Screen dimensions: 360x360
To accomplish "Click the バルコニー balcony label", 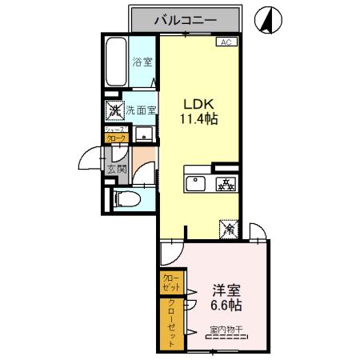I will pyautogui.click(x=185, y=19).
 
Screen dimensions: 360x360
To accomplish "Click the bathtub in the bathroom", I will pyautogui.click(x=118, y=62).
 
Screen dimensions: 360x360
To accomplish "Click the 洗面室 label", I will pyautogui.click(x=140, y=110).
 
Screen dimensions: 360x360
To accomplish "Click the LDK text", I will pyautogui.click(x=199, y=104).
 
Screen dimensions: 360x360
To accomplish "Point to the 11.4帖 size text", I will pyautogui.click(x=200, y=119).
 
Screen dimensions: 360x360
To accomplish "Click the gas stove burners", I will pyautogui.click(x=226, y=185).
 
